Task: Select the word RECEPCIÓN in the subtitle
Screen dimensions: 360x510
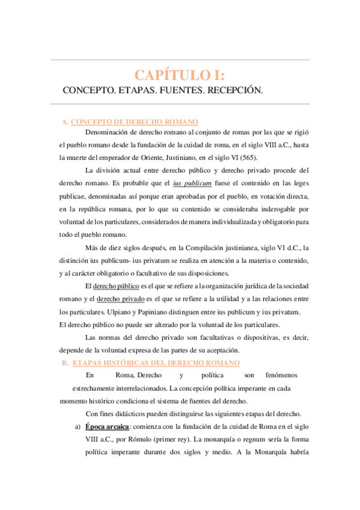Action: (x=234, y=90)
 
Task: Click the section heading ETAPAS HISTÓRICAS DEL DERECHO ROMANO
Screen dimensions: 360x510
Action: (x=156, y=363)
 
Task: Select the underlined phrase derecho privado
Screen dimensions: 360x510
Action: (x=120, y=299)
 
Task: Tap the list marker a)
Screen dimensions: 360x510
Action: (x=77, y=426)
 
